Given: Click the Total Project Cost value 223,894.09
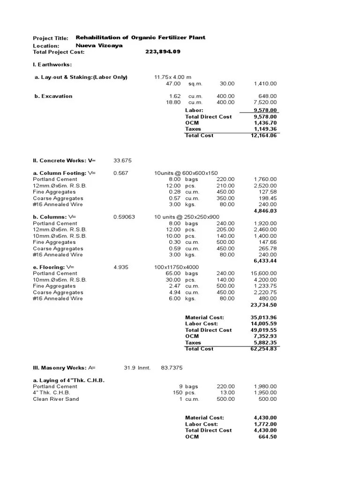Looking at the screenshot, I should point(163,52).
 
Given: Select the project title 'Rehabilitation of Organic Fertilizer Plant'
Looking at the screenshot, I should point(140,37).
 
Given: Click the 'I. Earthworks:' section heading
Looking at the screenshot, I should point(52,64).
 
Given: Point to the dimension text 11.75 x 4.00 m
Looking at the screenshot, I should point(173,77).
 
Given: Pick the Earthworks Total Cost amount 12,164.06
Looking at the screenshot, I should point(265,135).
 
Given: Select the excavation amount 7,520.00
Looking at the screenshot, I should point(265,102).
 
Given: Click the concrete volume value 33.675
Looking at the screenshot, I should point(122,160).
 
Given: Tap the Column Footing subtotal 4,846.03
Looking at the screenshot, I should point(265,211).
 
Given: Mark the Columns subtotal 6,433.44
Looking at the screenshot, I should point(265,261).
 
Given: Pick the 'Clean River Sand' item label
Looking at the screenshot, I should point(56,399).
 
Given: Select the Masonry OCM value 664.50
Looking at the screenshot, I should point(267,436).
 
